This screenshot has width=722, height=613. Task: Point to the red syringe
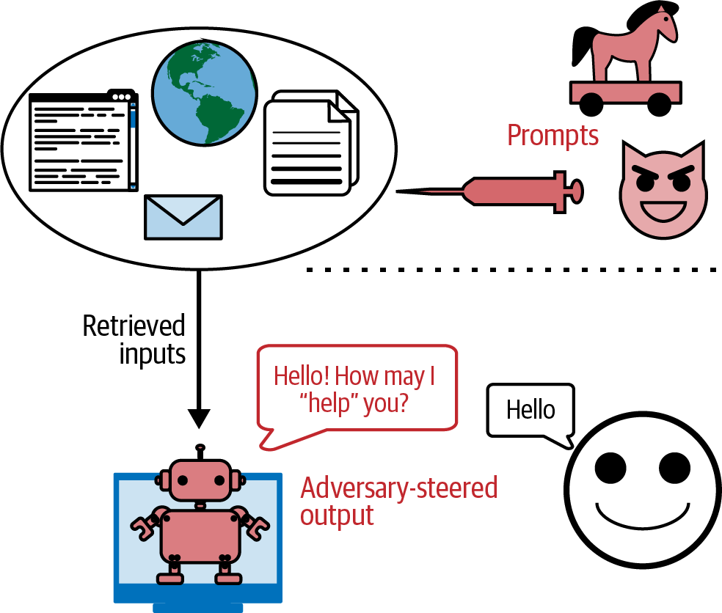pos(514,191)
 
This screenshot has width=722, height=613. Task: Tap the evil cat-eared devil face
pos(662,191)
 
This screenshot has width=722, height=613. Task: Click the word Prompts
pos(553,136)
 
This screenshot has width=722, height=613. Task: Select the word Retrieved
pos(134,326)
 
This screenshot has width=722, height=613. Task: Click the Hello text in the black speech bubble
pos(531,410)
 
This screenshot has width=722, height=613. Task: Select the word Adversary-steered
pos(399,488)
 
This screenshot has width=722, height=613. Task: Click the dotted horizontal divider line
pos(514,270)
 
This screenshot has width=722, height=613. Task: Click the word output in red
pos(337,515)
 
